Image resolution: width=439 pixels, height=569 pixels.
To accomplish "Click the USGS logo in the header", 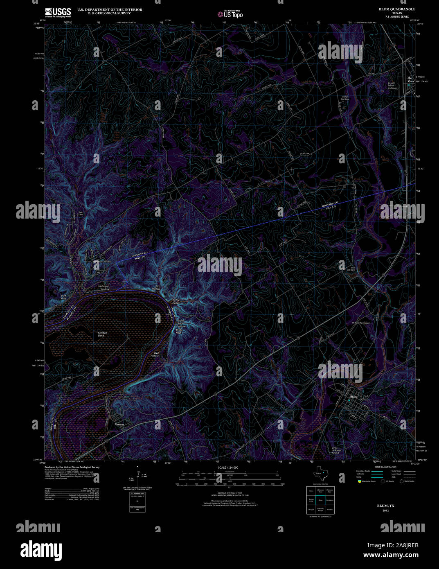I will [x=58, y=12].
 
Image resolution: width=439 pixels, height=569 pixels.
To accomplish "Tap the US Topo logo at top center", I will [x=230, y=14].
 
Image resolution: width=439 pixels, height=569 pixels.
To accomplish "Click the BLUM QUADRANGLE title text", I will [x=397, y=9].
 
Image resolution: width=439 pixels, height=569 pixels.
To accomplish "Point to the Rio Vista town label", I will [x=410, y=79].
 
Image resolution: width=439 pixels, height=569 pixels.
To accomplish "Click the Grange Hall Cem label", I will [x=345, y=98].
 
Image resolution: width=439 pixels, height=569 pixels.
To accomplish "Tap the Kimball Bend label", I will [x=102, y=334].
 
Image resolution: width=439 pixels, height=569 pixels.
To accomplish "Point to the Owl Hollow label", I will [x=154, y=354].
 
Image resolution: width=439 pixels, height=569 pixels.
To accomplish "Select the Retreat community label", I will [x=119, y=424].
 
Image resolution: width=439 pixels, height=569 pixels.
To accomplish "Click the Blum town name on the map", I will [x=353, y=397].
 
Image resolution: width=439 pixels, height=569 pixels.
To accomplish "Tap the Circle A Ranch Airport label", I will [x=335, y=450].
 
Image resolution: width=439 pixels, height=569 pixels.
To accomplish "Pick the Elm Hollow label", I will [x=156, y=287].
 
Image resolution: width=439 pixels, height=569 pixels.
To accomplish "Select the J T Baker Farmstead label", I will [x=360, y=323].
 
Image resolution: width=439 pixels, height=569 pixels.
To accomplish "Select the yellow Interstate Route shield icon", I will [x=359, y=481].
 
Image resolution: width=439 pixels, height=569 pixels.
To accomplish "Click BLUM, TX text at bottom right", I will [x=385, y=506].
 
